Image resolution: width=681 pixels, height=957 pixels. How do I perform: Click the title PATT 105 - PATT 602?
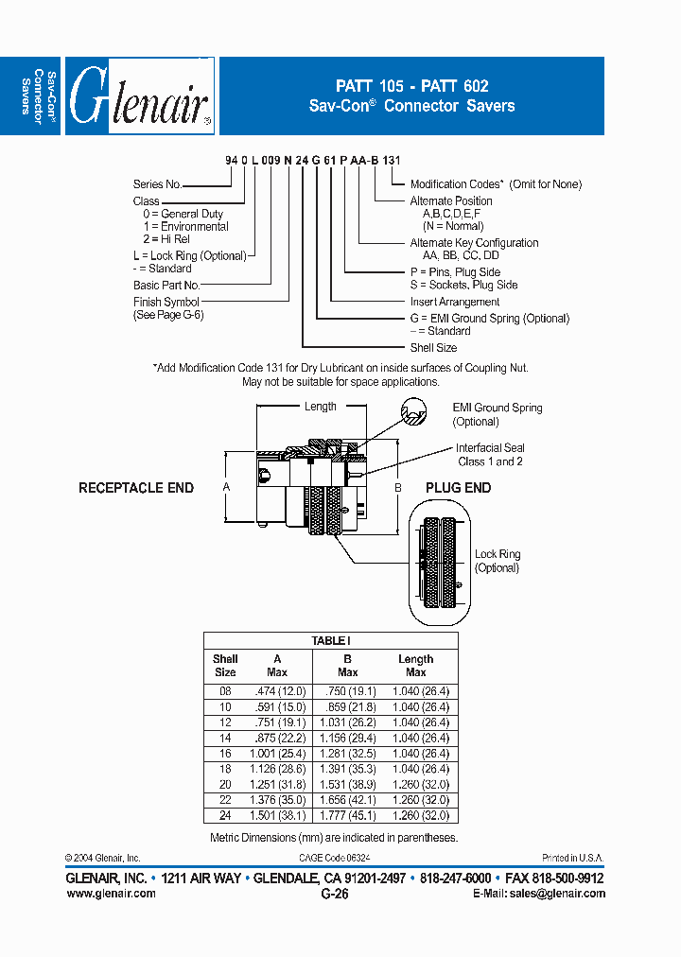coord(411,85)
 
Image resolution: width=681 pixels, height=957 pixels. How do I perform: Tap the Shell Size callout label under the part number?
coord(432,348)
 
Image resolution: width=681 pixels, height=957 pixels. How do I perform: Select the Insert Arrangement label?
coord(455,302)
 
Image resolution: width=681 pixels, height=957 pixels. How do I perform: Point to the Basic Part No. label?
coord(166,285)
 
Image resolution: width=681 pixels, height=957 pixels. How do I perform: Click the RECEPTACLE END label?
coord(136,488)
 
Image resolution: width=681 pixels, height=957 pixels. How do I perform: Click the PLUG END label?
coord(459,488)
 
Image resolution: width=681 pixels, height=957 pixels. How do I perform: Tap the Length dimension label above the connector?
coord(321,407)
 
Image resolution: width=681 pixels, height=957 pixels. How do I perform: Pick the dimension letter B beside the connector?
coord(398,488)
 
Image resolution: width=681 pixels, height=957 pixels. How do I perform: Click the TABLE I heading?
coord(330,641)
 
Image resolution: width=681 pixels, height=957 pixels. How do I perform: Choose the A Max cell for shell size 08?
coord(276,691)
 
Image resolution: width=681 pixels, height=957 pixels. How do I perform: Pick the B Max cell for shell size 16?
coord(347,753)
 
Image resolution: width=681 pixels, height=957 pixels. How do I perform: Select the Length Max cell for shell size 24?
coord(415,815)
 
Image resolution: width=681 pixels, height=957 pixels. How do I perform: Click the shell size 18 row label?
coord(225,769)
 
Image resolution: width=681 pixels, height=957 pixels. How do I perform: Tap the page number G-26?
coord(335,894)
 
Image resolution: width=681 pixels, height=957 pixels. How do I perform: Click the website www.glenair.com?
coord(111,894)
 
